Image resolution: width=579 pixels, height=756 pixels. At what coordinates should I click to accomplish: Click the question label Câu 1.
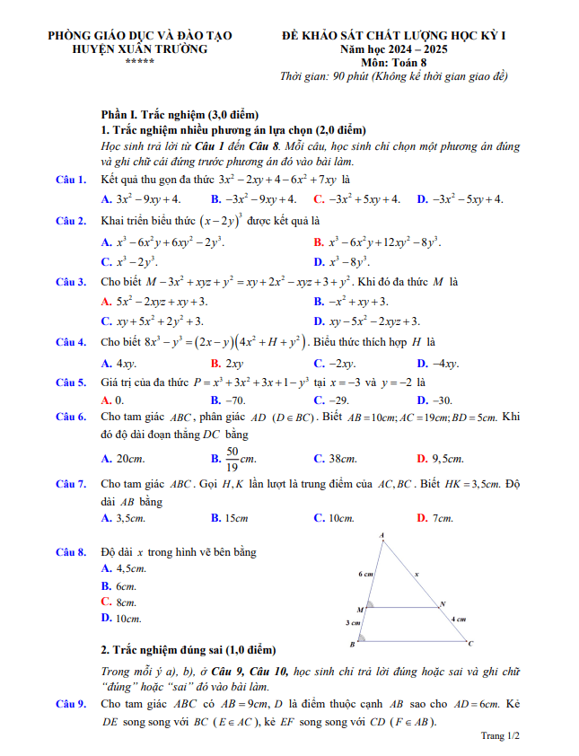70,180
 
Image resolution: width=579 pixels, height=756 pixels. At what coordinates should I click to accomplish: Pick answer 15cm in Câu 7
235,518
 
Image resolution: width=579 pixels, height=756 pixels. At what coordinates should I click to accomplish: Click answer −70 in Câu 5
233,400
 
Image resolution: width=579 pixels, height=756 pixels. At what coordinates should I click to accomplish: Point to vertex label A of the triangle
382,536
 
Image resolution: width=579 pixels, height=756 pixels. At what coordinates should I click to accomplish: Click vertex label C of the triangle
471,643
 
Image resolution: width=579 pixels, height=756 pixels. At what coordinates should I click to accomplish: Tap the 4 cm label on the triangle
459,620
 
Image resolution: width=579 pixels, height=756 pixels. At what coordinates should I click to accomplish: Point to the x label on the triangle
417,573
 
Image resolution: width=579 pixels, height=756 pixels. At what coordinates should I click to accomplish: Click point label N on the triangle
443,603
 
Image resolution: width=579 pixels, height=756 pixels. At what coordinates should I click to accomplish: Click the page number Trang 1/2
500,736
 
